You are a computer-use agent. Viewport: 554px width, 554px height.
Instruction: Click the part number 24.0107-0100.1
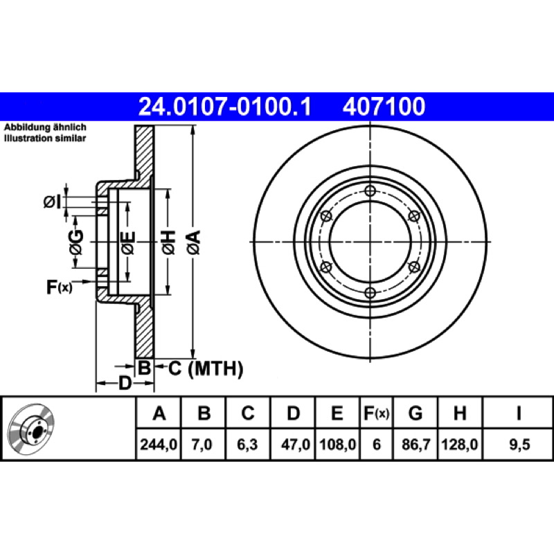click(x=224, y=107)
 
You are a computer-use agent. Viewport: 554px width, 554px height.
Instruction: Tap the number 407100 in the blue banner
click(x=384, y=107)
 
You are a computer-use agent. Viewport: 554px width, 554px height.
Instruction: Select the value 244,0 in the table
click(x=159, y=444)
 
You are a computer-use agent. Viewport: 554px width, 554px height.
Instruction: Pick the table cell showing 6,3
click(x=248, y=444)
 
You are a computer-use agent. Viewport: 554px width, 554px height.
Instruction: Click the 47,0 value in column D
click(x=296, y=444)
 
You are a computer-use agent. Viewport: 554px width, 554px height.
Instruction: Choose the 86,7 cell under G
click(x=416, y=444)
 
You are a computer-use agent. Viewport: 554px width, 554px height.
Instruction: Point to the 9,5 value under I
click(x=519, y=444)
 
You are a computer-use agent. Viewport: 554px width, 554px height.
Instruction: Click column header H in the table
click(x=460, y=413)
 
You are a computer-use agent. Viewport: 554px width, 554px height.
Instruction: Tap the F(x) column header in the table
click(x=376, y=413)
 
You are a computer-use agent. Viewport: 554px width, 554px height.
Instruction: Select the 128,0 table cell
click(x=460, y=444)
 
